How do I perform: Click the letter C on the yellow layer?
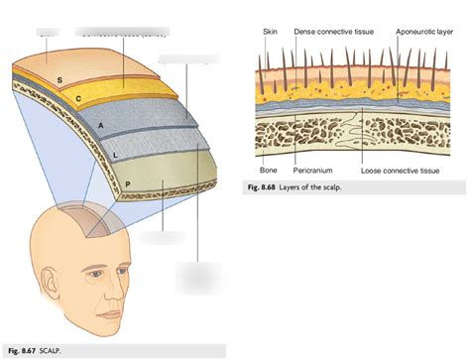tap(77, 101)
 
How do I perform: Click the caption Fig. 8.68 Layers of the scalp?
tap(298, 187)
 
